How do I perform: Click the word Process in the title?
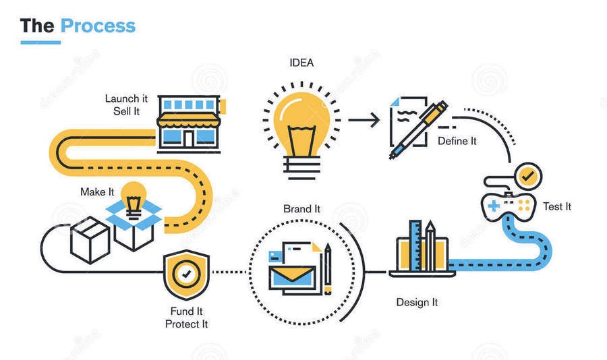[x=98, y=26]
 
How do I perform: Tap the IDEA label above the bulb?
[x=301, y=63]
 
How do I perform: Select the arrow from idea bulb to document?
[x=364, y=120]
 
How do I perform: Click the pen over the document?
[x=418, y=129]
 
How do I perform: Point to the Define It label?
[x=457, y=142]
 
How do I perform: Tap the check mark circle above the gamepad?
[x=527, y=177]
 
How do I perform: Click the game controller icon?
[x=509, y=206]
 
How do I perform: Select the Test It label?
[x=556, y=206]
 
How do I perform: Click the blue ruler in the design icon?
[x=415, y=245]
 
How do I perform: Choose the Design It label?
[x=417, y=302]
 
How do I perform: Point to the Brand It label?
[x=302, y=209]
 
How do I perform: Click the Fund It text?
[x=187, y=311]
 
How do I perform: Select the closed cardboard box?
[x=90, y=241]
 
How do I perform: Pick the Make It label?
[x=97, y=192]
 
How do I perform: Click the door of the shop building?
[x=189, y=138]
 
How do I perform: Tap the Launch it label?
[x=127, y=98]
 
